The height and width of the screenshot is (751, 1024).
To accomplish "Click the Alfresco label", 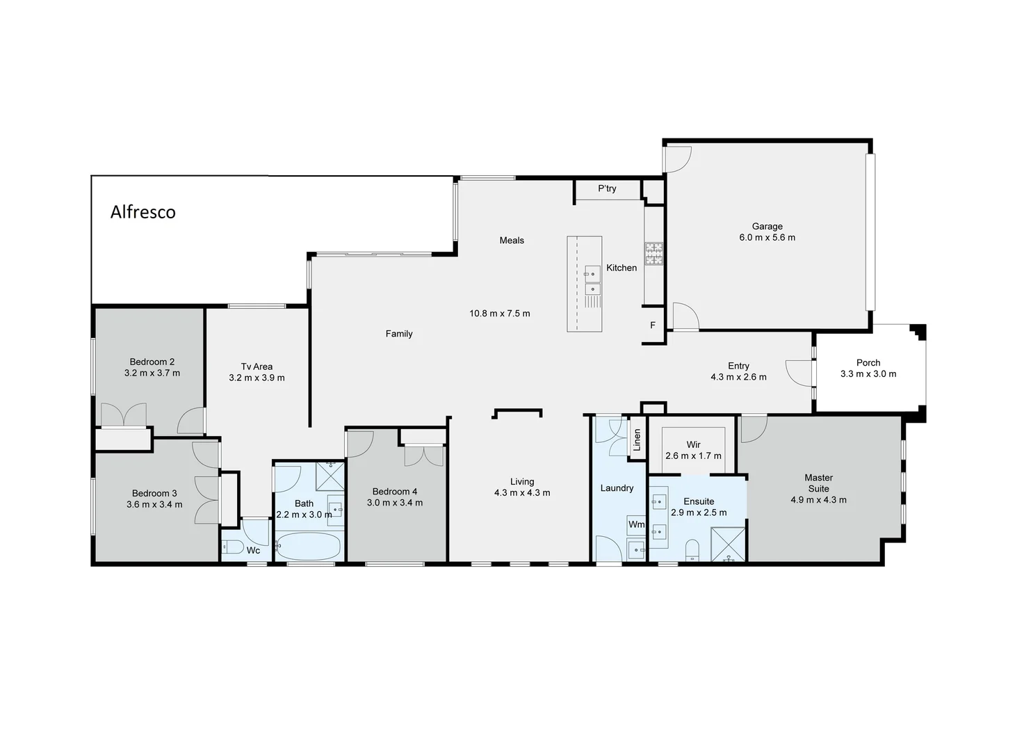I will (x=143, y=212).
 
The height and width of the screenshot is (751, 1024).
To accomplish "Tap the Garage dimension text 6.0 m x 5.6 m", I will (x=767, y=238).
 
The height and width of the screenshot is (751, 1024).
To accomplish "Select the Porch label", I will (x=868, y=363).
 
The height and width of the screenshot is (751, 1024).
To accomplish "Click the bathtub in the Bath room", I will (x=309, y=547).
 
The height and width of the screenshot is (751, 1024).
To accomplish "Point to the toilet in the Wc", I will (x=231, y=547).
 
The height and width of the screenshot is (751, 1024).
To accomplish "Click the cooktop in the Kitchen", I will (x=653, y=253).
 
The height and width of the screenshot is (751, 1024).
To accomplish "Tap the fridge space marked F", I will (x=653, y=325).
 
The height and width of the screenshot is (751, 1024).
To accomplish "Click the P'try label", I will (x=607, y=188).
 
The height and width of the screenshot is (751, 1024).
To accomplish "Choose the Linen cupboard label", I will (x=637, y=439).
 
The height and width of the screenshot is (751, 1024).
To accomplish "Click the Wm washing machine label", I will (x=636, y=524).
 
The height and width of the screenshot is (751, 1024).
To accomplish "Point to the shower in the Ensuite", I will (x=728, y=544).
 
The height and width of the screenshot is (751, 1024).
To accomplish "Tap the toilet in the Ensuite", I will (x=692, y=551).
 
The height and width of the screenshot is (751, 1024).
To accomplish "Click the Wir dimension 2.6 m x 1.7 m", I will (x=693, y=456).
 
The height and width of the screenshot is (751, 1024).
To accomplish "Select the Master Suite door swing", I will (x=752, y=428).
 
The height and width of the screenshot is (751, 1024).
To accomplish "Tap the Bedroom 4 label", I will (x=394, y=492).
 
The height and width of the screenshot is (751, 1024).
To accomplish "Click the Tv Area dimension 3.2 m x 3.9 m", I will (x=257, y=378).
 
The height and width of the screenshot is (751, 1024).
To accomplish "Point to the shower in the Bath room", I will (x=330, y=476).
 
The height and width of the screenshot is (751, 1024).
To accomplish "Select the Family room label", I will (x=399, y=334).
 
